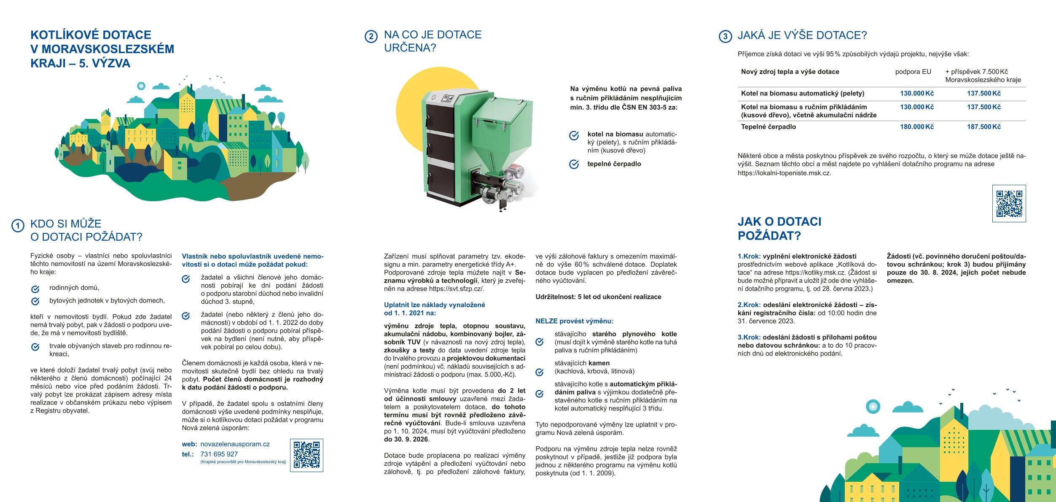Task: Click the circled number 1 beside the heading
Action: pos(18,226)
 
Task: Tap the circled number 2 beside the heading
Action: pos(371,37)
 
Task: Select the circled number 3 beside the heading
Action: pos(725,36)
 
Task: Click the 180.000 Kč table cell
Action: pos(917,127)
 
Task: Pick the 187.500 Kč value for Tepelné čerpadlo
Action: pos(983,127)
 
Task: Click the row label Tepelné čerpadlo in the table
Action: pos(768,127)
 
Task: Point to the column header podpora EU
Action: pos(913,72)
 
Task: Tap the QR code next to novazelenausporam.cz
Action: pos(306,455)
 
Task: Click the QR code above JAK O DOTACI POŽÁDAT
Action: pos(1009,203)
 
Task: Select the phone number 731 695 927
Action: pos(219,454)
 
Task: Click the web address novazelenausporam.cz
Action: pos(235,444)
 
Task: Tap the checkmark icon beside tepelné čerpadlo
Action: pos(574,164)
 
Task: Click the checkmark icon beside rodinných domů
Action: pos(35,289)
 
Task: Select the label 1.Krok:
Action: pos(749,256)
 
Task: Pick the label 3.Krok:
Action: pos(749,337)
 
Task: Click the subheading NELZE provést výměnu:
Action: pos(574,321)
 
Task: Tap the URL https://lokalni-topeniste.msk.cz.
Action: pos(784,173)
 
